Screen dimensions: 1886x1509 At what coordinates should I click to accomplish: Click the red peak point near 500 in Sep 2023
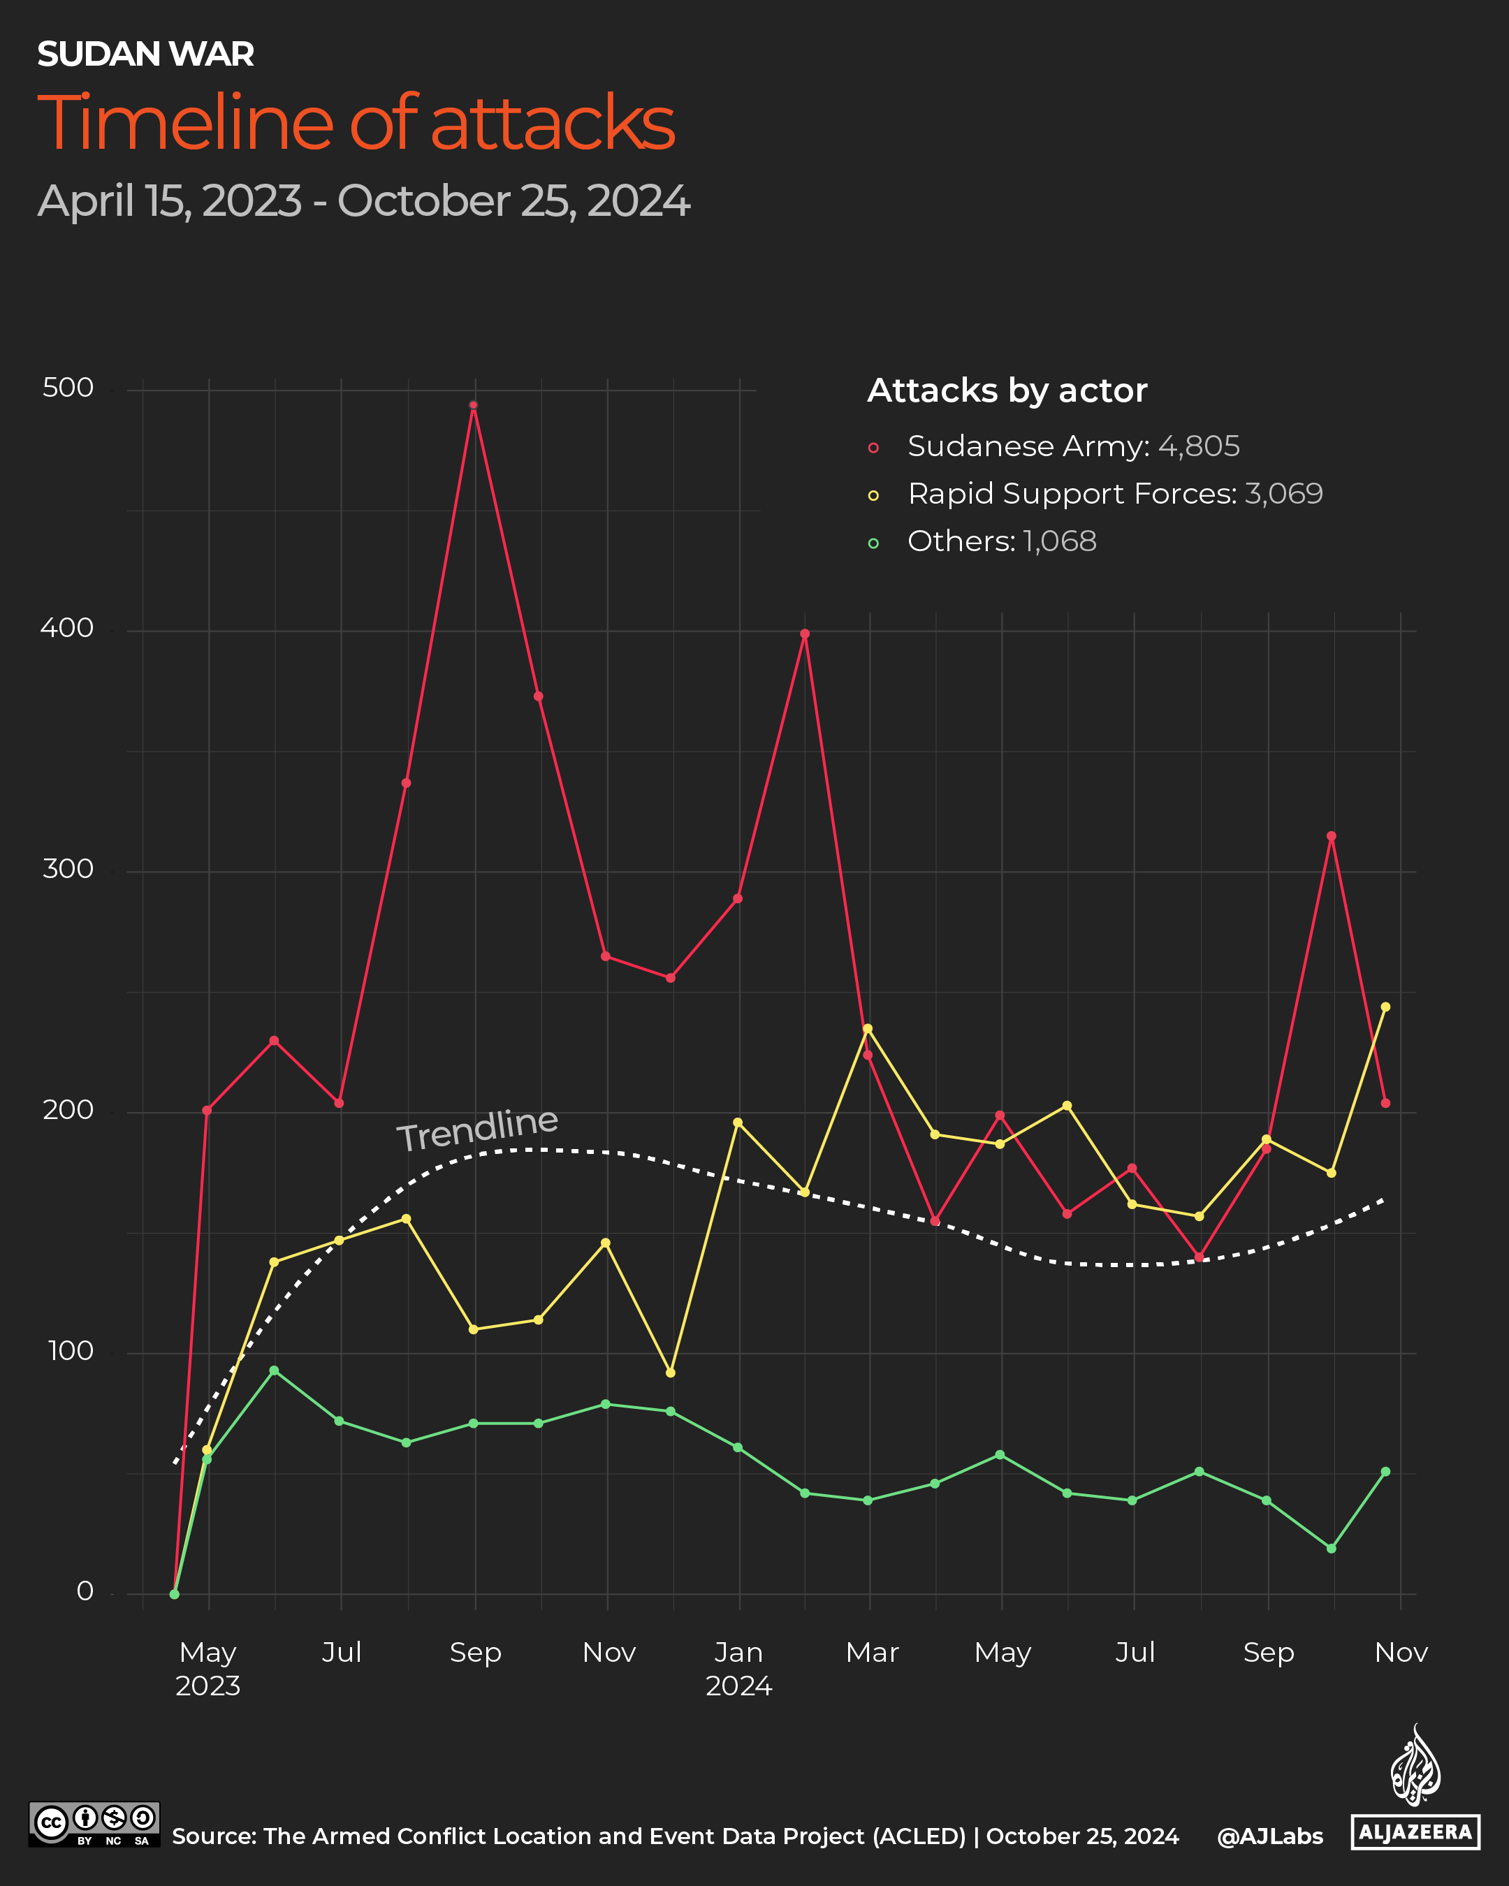473,405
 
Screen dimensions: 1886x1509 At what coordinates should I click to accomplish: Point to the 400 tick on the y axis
66,628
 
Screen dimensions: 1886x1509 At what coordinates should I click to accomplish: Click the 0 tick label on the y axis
85,1591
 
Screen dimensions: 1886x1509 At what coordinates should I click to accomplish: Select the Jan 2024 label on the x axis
738,1668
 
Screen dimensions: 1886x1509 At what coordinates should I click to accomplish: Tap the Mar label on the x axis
872,1653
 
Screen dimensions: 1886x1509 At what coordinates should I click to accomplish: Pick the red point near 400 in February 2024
805,634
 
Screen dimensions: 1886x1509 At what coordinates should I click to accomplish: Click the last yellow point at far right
1385,1007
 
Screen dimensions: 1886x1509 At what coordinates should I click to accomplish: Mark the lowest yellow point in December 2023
670,1373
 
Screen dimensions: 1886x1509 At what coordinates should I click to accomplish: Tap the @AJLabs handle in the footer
1269,1836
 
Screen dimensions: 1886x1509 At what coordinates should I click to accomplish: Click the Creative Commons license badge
94,1824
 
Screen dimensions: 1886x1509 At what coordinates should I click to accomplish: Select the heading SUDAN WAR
145,54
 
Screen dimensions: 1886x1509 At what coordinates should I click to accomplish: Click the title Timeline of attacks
356,122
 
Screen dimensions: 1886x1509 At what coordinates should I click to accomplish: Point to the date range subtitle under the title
364,201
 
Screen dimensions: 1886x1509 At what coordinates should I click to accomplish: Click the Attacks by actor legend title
1007,390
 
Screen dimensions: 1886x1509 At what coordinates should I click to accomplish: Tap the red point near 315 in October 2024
1332,836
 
